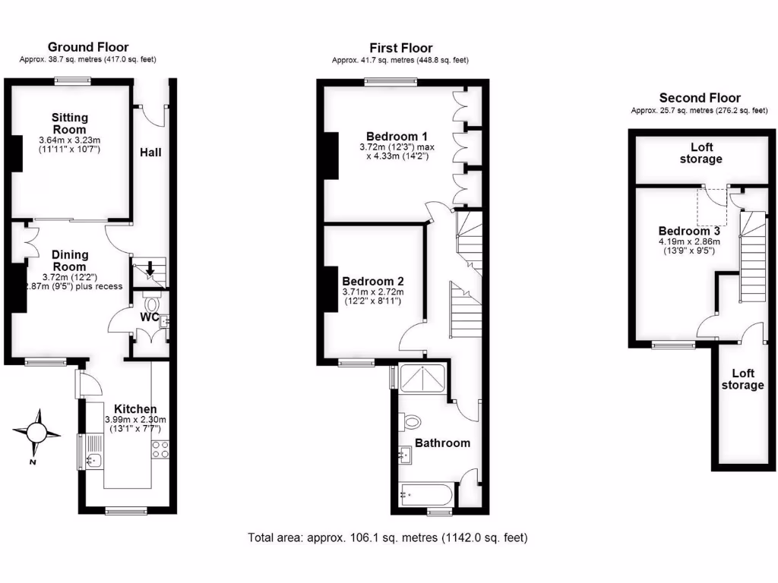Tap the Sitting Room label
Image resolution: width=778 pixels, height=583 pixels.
tap(70, 124)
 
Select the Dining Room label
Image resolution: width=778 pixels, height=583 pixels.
tap(69, 261)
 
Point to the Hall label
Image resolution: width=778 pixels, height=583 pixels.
tap(150, 153)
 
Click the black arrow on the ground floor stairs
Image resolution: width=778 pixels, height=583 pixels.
tap(150, 267)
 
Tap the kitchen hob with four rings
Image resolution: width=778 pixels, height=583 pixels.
tap(160, 449)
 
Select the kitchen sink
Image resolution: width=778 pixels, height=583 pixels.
tap(94, 459)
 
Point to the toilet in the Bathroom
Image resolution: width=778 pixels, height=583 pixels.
tap(412, 421)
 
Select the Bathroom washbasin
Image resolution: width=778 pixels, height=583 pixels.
tap(404, 455)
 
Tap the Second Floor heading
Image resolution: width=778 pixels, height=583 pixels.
tap(700, 97)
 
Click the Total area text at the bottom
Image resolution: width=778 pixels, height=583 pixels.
tap(387, 537)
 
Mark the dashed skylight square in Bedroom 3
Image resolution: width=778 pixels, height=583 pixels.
tap(712, 207)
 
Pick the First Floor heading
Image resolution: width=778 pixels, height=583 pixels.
tap(400, 47)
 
